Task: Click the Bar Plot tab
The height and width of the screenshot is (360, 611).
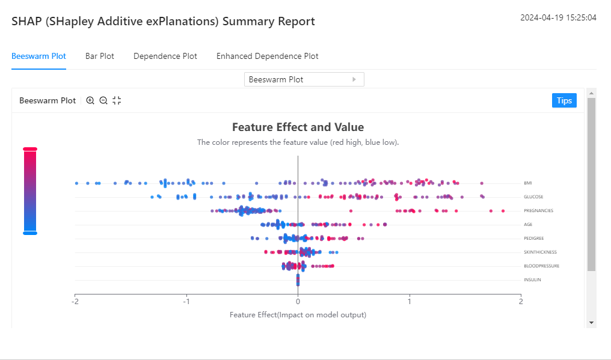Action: coord(100,56)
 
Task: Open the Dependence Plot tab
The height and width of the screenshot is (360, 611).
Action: coord(165,56)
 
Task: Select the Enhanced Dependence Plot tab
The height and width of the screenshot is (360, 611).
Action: coord(268,56)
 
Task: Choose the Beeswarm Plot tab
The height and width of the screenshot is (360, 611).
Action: coord(38,56)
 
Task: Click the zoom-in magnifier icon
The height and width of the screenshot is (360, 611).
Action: coord(90,101)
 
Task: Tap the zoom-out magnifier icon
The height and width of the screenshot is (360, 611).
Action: coord(103,101)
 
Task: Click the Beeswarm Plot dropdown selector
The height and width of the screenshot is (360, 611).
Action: coord(304,79)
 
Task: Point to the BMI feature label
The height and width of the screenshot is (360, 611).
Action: coord(527,183)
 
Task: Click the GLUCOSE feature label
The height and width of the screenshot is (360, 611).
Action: coord(533,197)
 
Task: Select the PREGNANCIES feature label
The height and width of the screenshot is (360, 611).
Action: coord(538,210)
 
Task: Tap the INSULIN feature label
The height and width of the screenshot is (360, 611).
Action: coord(532,279)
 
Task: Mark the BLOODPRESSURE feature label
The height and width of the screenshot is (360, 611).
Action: coord(541,266)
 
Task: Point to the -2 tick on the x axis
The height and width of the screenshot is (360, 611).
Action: coord(75,301)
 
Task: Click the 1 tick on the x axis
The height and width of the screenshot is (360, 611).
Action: coord(410,301)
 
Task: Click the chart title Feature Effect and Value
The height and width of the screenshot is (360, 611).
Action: coord(298,127)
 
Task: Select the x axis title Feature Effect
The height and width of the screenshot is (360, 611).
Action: coord(298,315)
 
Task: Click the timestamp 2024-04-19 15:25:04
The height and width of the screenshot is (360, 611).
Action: coord(558,17)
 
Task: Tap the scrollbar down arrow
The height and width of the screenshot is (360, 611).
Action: coord(591,323)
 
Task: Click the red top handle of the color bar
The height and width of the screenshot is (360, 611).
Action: coord(30,149)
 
